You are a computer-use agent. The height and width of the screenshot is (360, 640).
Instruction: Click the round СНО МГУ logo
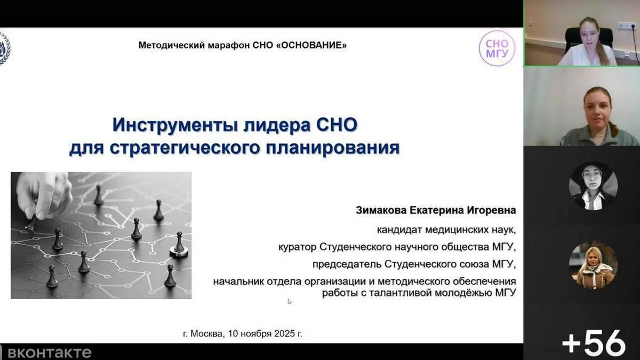[x=497, y=48]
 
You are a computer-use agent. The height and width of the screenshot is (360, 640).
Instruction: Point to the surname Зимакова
[x=380, y=210]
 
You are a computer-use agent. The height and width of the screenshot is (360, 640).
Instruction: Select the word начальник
[x=235, y=281]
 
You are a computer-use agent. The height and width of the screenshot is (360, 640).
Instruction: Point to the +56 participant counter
[x=593, y=343]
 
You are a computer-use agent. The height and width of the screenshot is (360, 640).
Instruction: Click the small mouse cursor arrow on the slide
[x=290, y=301]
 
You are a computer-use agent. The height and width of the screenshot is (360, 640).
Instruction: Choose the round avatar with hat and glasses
[x=593, y=186]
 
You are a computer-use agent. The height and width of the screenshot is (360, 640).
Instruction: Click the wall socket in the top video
[x=627, y=26]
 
